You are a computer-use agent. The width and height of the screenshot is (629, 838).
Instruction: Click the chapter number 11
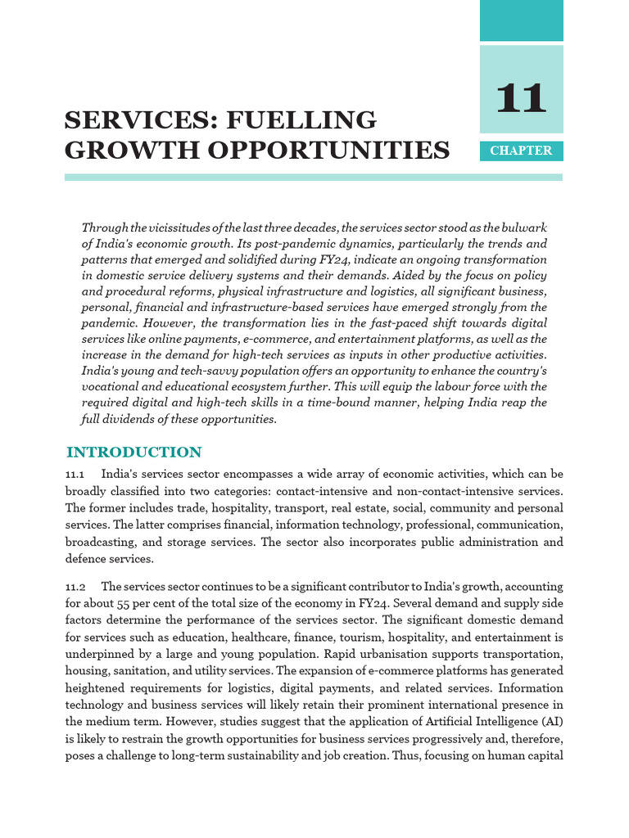(521, 100)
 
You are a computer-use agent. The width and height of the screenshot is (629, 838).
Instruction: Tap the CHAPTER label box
(521, 151)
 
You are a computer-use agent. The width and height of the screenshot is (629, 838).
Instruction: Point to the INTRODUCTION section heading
(133, 453)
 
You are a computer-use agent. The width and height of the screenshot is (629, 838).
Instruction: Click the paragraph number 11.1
(75, 475)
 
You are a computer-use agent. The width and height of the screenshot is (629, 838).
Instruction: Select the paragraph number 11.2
(75, 586)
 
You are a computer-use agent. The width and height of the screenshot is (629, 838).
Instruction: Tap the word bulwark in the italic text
(523, 227)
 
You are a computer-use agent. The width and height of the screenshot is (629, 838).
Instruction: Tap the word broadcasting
(101, 542)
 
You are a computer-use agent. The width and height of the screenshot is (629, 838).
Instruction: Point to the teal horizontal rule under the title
(314, 177)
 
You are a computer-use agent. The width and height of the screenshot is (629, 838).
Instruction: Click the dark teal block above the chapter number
(521, 20)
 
